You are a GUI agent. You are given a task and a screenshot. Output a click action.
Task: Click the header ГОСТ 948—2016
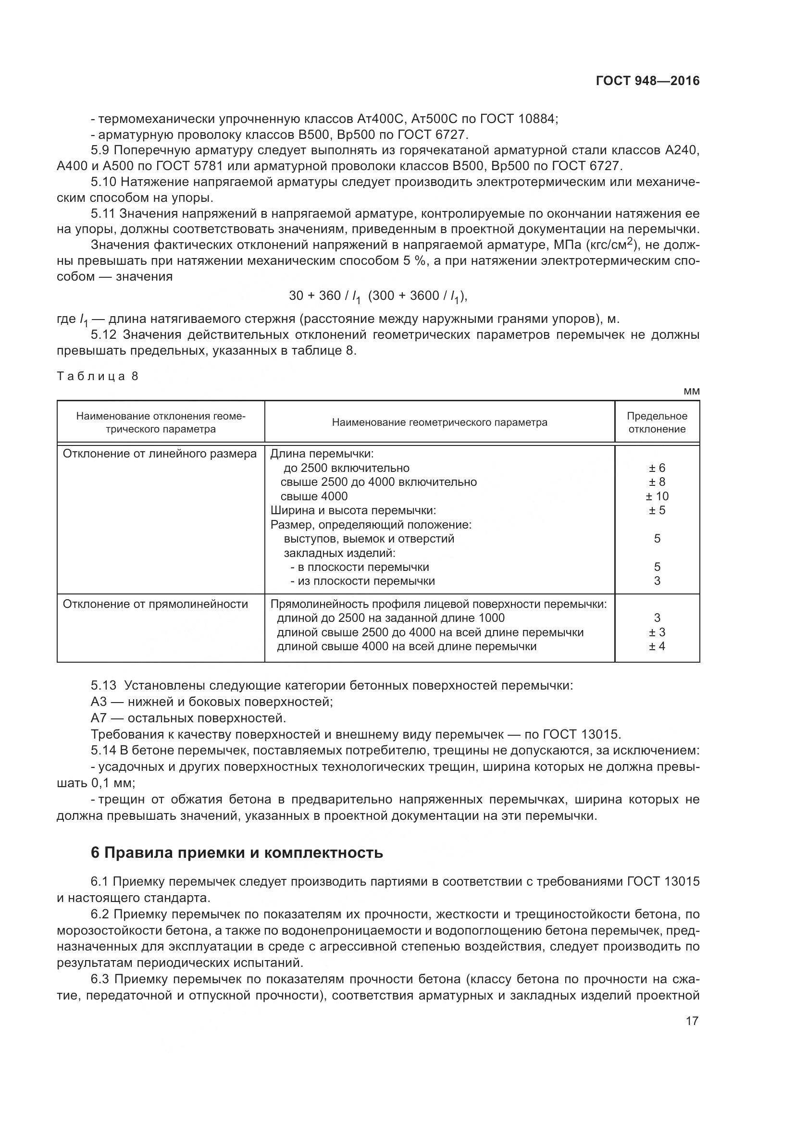(647, 81)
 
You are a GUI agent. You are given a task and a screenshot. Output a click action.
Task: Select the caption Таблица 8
(98, 376)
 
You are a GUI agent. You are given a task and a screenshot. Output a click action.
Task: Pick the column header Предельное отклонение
(657, 422)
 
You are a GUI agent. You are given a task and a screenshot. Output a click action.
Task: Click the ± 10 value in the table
(657, 496)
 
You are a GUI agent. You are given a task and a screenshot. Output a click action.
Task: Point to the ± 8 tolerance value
(657, 482)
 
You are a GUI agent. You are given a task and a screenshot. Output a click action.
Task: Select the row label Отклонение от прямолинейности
(156, 604)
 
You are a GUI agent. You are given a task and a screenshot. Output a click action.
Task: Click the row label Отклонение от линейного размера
(160, 454)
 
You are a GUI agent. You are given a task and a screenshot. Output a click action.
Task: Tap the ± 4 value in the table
(657, 646)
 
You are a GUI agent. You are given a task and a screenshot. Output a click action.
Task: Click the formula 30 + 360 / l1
(324, 296)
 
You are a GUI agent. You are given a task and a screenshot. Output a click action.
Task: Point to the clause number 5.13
(103, 685)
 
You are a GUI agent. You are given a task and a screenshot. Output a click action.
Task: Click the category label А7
(99, 718)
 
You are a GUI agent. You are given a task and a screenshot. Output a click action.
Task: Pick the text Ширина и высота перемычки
(353, 511)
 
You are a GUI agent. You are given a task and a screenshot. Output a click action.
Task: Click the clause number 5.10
(103, 182)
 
